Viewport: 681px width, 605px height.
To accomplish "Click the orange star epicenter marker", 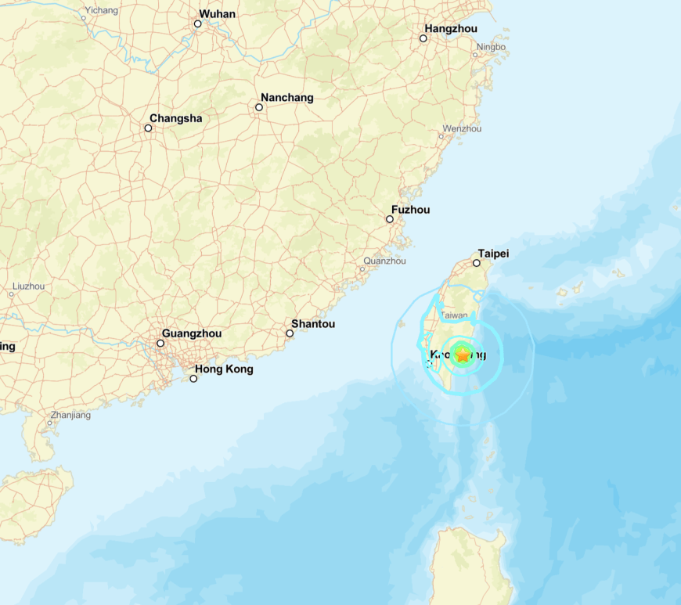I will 463,355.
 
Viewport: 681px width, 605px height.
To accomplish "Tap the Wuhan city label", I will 217,14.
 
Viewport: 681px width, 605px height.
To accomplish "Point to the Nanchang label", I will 286,98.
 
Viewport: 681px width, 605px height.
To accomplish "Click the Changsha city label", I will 175,118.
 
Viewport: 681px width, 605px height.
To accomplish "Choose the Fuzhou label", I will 410,210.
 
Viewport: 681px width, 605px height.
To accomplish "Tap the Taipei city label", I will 493,254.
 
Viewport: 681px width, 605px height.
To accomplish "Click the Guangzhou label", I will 191,333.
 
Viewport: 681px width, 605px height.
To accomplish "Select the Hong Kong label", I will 224,369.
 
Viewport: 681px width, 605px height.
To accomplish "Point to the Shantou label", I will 312,324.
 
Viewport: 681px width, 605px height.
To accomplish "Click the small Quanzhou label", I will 384,261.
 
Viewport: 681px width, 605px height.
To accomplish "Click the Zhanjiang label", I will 70,415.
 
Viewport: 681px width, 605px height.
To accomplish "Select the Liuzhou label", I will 29,286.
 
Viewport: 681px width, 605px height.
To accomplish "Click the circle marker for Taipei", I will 477,263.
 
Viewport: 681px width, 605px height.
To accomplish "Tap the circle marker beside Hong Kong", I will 194,379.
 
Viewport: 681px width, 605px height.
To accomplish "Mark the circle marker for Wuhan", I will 198,23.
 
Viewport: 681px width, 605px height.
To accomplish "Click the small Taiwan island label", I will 454,315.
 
